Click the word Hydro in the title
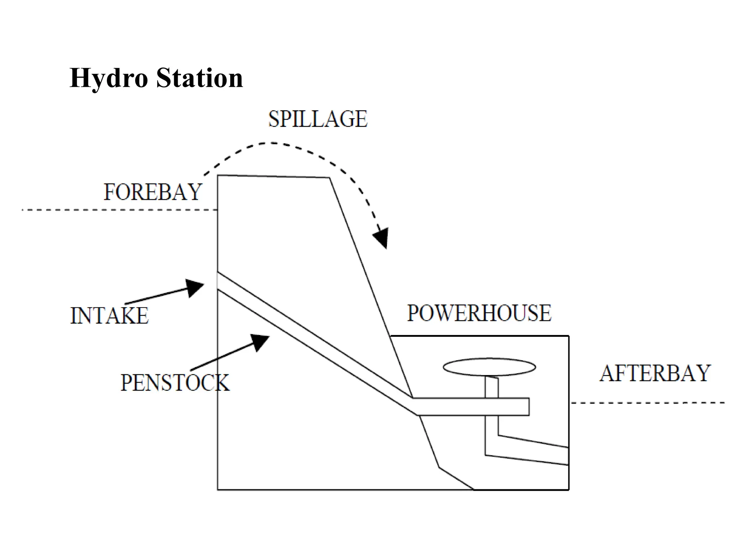(108, 78)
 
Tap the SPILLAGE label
(318, 119)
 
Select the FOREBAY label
(152, 192)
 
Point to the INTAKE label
(109, 315)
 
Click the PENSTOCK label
(175, 383)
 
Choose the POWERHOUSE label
(479, 313)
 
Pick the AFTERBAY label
(655, 373)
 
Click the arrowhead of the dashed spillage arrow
(382, 238)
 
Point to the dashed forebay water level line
(119, 210)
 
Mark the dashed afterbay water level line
(647, 403)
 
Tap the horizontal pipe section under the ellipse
(470, 407)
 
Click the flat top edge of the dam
(273, 176)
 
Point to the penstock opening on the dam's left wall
(218, 281)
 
